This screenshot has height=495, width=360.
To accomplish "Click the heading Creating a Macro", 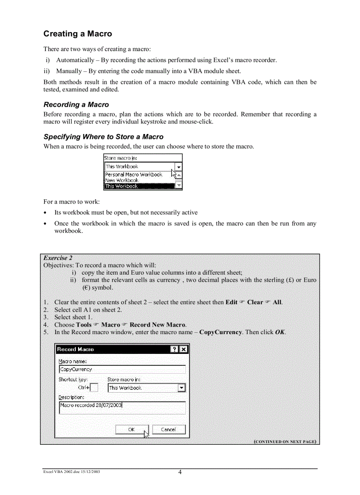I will (x=78, y=34).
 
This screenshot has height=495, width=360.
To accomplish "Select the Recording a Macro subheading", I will (x=76, y=104).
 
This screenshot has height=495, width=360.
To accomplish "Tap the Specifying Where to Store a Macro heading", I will (x=103, y=137).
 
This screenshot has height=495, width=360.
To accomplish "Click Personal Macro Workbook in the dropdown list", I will (x=133, y=175).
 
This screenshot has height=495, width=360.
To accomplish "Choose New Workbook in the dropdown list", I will (x=122, y=180).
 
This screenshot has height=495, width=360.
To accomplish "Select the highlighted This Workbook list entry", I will (x=122, y=186).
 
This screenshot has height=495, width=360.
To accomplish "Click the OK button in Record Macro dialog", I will (x=131, y=429).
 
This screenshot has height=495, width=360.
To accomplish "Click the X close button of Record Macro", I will (x=184, y=349).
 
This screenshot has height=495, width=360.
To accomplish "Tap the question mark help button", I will (x=175, y=349).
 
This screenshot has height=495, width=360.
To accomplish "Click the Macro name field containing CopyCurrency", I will (x=122, y=369).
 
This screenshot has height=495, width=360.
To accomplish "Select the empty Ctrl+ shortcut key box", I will (x=94, y=388).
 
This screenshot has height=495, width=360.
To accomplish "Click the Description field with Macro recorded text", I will (x=122, y=408).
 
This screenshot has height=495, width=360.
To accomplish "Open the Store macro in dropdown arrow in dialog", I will (x=181, y=388).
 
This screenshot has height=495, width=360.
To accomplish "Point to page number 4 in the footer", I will (x=180, y=473).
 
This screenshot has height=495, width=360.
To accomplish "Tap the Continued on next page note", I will (x=285, y=441).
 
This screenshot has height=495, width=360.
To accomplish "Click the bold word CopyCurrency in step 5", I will (x=220, y=332).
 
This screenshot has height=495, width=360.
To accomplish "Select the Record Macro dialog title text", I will (x=75, y=349).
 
